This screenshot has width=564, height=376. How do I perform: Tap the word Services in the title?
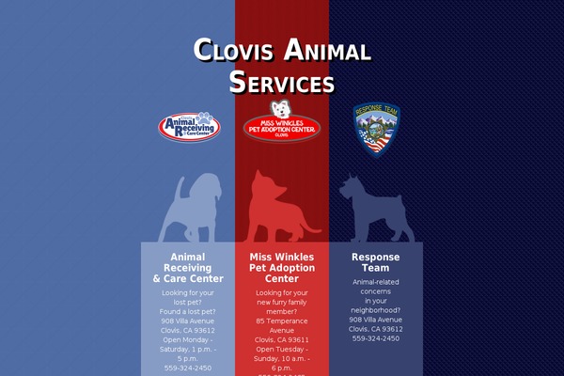pos(282,82)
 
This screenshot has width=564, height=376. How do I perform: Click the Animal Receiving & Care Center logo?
pos(190,126)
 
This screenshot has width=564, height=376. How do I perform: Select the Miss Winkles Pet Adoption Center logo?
pos(282,128)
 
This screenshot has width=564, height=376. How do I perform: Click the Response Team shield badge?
pos(375,130)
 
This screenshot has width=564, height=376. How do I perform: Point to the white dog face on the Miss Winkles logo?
pos(282,108)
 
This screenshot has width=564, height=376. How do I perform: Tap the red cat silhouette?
pos(277,207)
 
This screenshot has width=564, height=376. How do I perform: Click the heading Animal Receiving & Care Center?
pos(188,267)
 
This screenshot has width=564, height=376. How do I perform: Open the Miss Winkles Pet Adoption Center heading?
pos(282,267)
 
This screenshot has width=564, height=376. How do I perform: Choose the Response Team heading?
pos(376,262)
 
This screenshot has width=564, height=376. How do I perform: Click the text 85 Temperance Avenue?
pos(282,325)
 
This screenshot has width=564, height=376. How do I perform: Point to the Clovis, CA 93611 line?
pos(282,339)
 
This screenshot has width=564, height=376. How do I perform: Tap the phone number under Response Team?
pos(376,338)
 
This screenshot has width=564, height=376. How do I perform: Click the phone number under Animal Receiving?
pos(188,368)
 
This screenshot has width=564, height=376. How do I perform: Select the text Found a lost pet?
pos(188,311)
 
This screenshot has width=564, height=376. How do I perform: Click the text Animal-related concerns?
pos(376,287)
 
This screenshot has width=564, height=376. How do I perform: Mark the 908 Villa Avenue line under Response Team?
pos(376,320)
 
